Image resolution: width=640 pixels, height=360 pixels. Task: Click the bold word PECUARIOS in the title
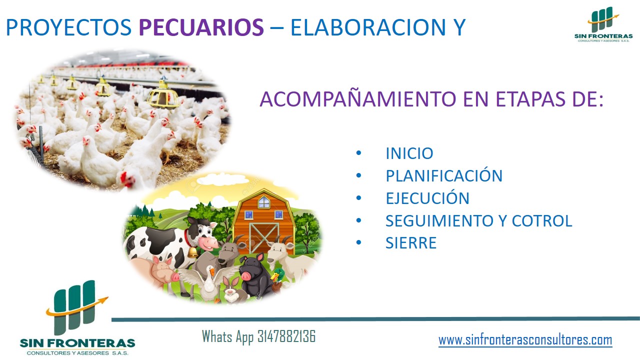(x=201, y=27)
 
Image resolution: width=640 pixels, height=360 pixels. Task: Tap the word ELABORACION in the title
(x=368, y=27)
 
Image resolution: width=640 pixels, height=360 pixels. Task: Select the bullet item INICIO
(x=409, y=153)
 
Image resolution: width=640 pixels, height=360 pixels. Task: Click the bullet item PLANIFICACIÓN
(x=444, y=175)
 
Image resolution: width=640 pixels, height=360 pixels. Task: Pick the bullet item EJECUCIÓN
(x=427, y=197)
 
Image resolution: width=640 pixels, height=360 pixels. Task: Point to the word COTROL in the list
(x=542, y=220)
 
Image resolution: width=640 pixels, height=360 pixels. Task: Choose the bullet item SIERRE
(x=411, y=243)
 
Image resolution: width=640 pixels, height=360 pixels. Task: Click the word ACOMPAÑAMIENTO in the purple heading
(x=358, y=99)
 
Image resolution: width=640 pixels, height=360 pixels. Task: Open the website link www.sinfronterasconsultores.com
(x=525, y=340)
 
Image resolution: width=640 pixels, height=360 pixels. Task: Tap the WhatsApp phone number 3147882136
(x=286, y=336)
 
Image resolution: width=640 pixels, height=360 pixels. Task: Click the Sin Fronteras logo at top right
(x=603, y=24)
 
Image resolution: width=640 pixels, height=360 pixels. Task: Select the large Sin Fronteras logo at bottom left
(x=77, y=317)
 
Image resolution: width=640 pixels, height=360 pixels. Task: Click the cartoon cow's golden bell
(x=193, y=252)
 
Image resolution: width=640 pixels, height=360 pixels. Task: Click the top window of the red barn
(x=263, y=202)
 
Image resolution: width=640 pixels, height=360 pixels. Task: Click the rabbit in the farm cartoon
(x=231, y=290)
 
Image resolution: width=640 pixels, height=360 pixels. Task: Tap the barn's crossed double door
(x=263, y=238)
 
